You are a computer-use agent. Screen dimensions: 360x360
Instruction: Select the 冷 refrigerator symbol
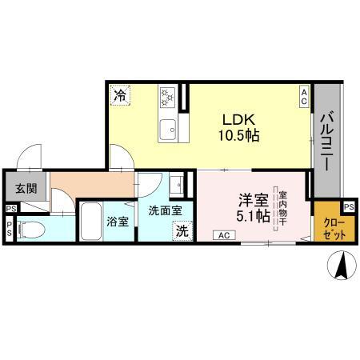(x=119, y=95)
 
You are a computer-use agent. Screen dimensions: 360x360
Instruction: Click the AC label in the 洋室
(x=225, y=234)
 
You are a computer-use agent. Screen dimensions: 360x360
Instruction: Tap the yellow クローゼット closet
(x=328, y=230)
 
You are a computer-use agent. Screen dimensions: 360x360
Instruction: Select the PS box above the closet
(x=349, y=206)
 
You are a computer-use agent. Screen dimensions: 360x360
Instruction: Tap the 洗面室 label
(x=165, y=210)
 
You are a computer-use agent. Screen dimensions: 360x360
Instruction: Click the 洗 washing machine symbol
(x=182, y=231)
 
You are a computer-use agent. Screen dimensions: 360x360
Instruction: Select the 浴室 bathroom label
(x=118, y=222)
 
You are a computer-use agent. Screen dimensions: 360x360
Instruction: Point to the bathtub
(x=90, y=221)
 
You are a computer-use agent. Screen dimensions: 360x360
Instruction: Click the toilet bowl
(x=30, y=230)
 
